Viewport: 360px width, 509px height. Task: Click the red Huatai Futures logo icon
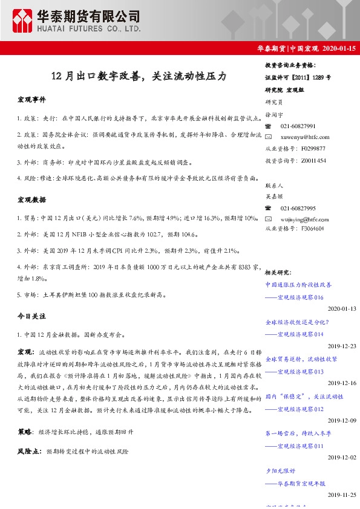tap(23, 21)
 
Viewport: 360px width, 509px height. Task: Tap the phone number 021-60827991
tap(298, 126)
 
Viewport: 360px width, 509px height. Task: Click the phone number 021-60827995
tap(298, 208)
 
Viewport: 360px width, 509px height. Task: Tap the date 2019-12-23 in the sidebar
tap(342, 346)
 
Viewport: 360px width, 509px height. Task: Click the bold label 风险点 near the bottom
tap(30, 451)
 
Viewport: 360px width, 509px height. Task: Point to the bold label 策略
tap(25, 432)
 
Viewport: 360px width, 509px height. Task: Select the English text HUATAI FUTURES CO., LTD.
tap(88, 28)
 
